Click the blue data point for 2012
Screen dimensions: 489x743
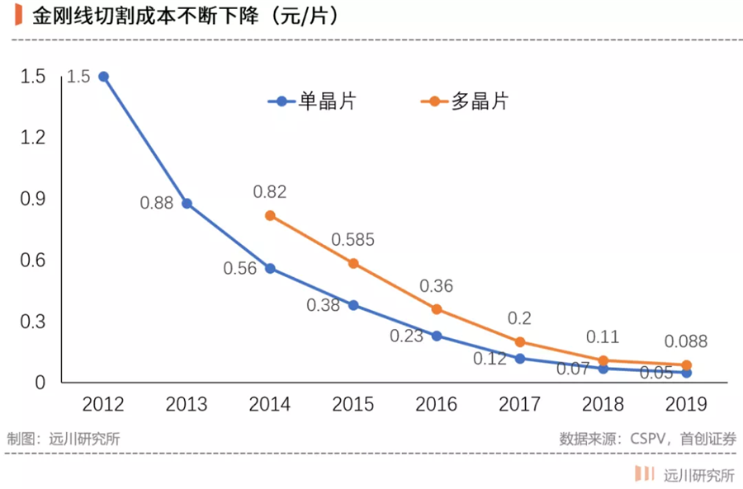pos(103,77)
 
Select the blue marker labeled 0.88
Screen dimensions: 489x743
pos(187,203)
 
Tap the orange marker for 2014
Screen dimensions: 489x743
pos(270,215)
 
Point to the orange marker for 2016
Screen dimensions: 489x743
pos(437,309)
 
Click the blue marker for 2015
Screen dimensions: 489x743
pos(353,305)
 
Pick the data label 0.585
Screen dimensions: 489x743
pos(353,240)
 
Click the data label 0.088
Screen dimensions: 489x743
pos(686,342)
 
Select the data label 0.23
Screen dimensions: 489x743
pos(407,336)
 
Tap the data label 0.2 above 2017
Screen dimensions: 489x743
pos(520,318)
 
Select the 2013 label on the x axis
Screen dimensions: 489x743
pos(187,404)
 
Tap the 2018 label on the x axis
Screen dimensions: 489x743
pos(603,404)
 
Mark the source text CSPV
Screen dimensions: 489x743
pos(652,439)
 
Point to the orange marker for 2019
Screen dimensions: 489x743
pos(686,364)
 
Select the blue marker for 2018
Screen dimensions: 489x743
pos(603,369)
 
